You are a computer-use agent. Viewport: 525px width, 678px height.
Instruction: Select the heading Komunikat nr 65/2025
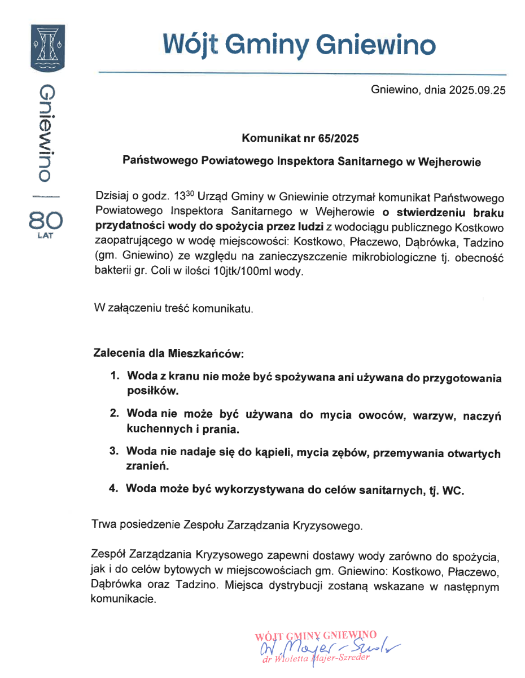coord(300,138)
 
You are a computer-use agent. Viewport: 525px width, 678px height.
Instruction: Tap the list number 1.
coord(115,375)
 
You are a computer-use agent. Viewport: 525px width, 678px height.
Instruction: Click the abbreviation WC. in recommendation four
coord(453,491)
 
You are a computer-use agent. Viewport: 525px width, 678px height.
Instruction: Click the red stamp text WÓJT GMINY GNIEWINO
coord(316,635)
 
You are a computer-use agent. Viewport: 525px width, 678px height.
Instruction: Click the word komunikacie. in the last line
coord(123,600)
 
